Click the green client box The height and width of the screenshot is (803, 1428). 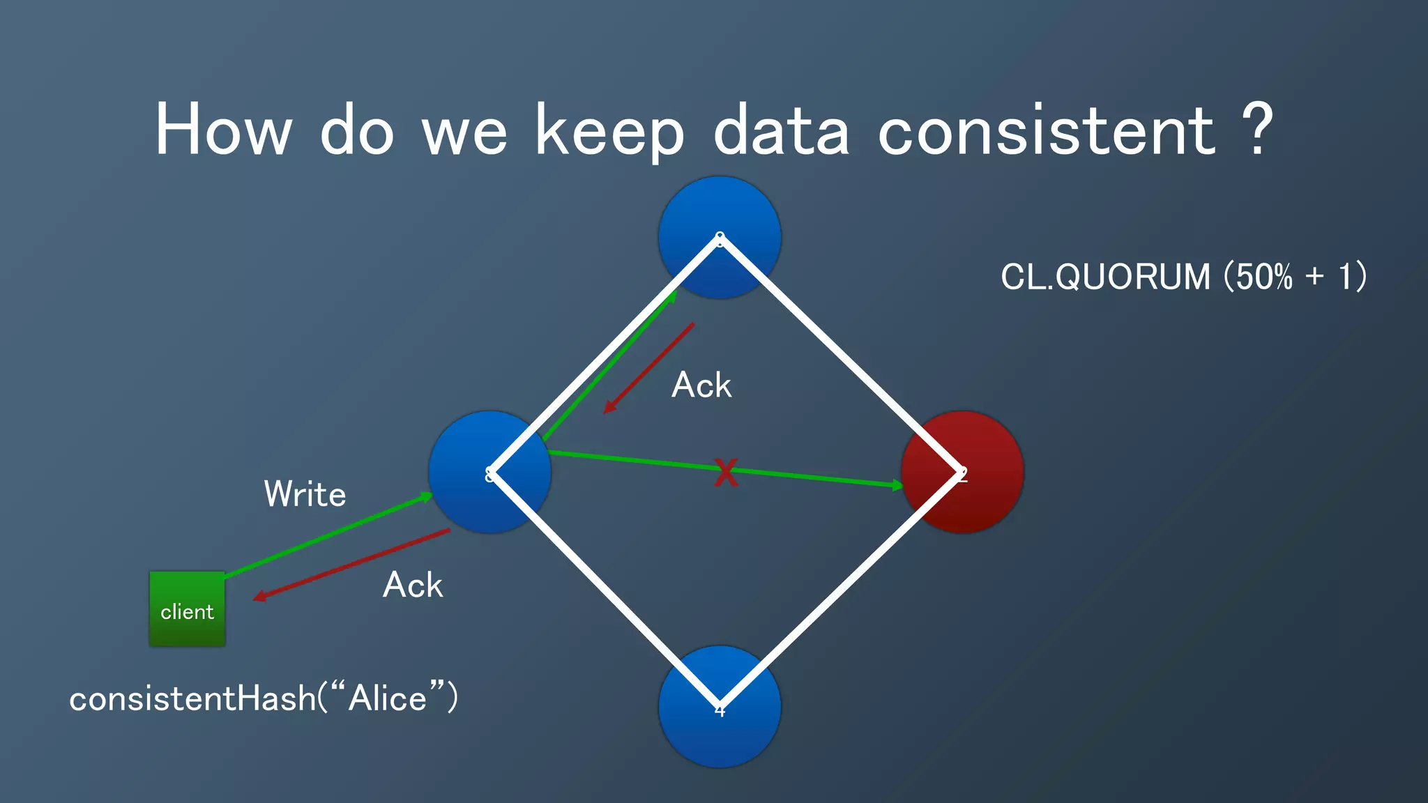coord(187,609)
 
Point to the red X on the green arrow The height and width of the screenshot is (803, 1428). coord(726,473)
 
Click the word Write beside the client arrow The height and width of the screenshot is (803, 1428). coord(305,494)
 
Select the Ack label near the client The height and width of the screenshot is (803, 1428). coord(413,585)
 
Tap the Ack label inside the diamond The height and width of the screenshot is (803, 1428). coord(701,385)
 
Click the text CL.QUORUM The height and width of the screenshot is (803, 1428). coord(1105,277)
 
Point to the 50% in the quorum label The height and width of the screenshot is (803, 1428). coord(1263,277)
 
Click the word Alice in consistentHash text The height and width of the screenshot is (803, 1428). coord(388,698)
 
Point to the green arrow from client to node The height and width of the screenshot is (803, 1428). coord(328,535)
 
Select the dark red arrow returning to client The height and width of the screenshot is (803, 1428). coord(352,564)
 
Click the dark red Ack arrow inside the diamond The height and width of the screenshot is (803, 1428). coord(648,368)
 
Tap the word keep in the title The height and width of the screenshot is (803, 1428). coord(610,132)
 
